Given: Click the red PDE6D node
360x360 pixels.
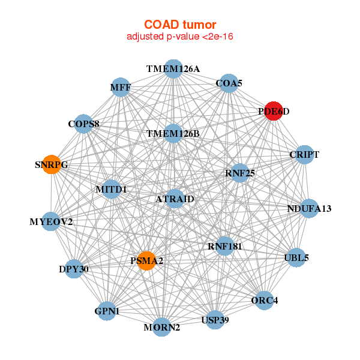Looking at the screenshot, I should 273,111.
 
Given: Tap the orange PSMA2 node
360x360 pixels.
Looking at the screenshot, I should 146,261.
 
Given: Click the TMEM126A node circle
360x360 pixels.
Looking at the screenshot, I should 173,69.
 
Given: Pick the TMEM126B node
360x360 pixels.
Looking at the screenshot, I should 173,133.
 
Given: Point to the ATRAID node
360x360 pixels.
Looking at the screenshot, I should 174,199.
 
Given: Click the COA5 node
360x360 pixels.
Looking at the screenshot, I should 229,84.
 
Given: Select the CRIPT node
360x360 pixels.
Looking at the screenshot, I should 304,155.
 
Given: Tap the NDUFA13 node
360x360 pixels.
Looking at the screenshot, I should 308,209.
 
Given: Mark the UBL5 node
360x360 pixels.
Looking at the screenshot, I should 296,258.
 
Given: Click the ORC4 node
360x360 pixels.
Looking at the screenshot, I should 265,300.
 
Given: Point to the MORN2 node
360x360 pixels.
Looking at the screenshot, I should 161,327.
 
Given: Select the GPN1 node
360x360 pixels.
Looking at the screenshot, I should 107,311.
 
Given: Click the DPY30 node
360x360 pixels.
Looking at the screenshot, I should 74,269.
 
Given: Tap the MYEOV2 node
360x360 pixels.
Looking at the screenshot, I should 51,222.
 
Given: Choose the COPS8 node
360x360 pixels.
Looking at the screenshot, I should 83,124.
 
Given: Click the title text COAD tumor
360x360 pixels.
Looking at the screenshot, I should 179,25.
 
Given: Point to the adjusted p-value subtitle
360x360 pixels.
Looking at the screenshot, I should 179,37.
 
